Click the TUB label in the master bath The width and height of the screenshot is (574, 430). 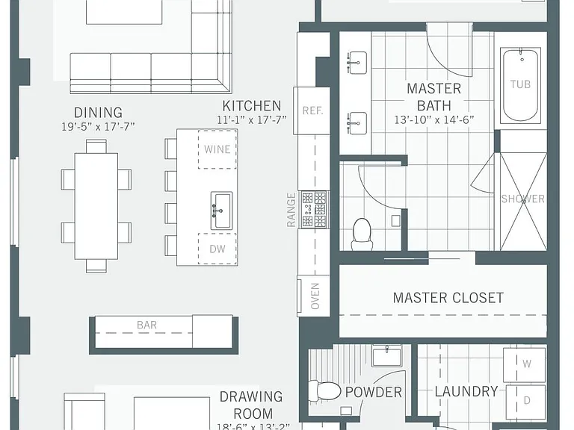(x=520, y=84)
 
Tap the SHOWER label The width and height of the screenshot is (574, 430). (x=522, y=199)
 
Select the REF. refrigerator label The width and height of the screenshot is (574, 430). (x=312, y=110)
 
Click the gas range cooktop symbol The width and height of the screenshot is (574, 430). (x=314, y=210)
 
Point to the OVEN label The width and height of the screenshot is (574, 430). (x=315, y=296)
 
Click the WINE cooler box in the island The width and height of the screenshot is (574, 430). (x=217, y=149)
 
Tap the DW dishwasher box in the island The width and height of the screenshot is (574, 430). (x=217, y=249)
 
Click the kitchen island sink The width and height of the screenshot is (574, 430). (x=221, y=211)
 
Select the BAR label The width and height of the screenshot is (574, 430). (x=146, y=325)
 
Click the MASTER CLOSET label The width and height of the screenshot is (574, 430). (x=448, y=298)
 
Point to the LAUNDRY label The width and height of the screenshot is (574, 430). (x=466, y=392)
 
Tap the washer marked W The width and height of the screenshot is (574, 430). (x=525, y=364)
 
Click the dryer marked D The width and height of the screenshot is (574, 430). (x=525, y=401)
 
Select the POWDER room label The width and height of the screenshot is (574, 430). (x=374, y=393)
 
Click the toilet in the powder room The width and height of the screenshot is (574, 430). (x=324, y=391)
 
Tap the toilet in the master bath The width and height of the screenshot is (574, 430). (x=362, y=234)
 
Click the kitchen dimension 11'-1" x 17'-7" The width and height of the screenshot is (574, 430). (x=251, y=120)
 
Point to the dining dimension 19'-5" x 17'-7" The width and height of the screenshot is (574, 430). (x=98, y=126)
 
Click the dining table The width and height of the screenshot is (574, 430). (x=96, y=206)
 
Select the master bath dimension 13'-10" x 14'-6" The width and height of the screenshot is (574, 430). (x=434, y=120)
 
